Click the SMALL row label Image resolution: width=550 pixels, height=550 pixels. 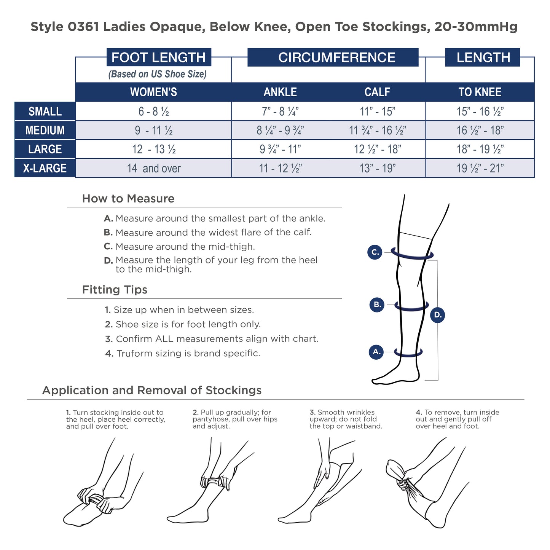click(x=45, y=111)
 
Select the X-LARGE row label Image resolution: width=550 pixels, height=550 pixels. click(x=45, y=168)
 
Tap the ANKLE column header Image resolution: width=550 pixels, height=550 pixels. click(x=280, y=92)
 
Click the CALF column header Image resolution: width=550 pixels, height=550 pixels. click(x=377, y=92)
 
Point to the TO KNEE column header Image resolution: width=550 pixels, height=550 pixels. click(x=480, y=92)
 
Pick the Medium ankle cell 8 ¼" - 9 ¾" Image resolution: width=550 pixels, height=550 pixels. click(x=280, y=130)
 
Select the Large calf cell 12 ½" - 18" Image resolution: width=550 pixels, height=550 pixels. click(x=377, y=149)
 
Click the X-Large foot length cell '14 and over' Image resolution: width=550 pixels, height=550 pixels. click(x=153, y=168)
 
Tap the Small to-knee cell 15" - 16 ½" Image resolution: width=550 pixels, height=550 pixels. click(x=480, y=111)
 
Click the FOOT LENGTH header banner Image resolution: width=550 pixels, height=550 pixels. click(x=159, y=57)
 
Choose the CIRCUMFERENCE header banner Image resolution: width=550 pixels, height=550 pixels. click(x=333, y=57)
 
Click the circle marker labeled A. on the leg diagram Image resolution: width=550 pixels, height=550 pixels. click(x=376, y=352)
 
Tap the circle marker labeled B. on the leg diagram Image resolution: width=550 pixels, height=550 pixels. click(x=377, y=304)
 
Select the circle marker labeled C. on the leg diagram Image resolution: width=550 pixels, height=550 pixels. click(x=375, y=252)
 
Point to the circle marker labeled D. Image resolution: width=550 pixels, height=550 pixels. click(x=437, y=315)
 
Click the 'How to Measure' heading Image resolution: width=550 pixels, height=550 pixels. click(x=128, y=198)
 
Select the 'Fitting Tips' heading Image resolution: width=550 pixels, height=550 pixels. click(x=115, y=290)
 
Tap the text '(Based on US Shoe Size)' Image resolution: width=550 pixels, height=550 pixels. click(x=157, y=74)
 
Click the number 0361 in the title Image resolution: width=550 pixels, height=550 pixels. click(x=83, y=27)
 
